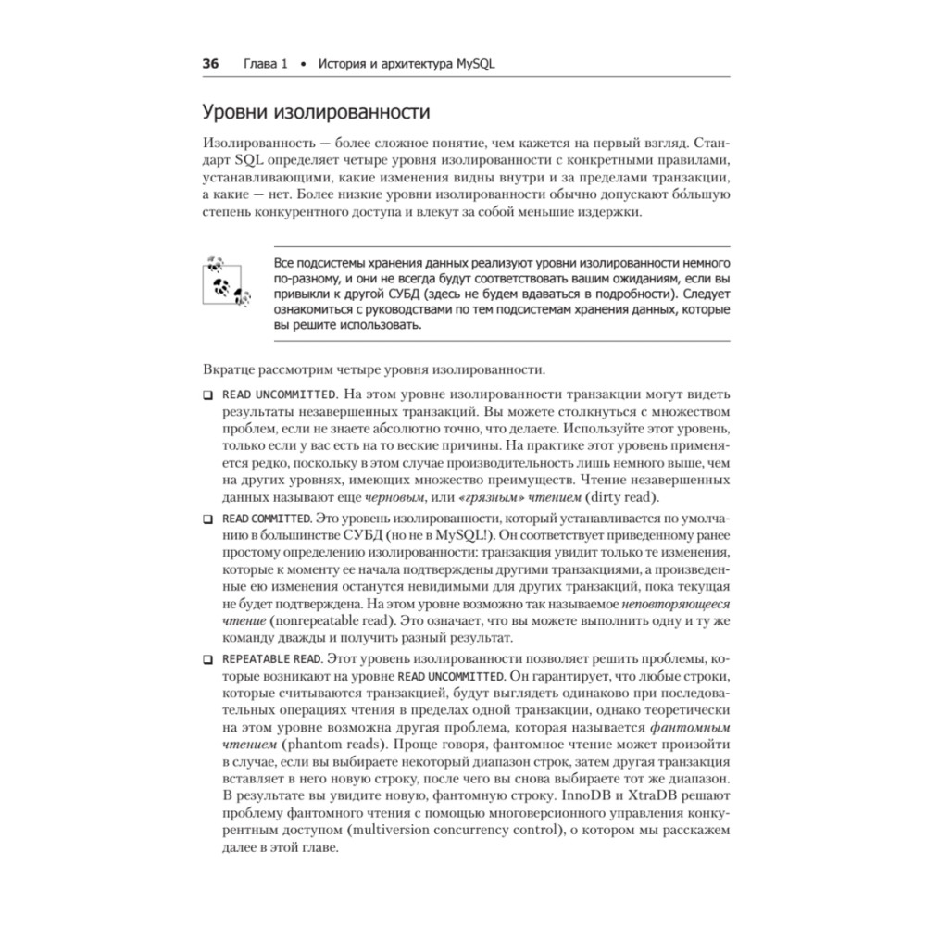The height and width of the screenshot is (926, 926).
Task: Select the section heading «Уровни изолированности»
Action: coord(316,114)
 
